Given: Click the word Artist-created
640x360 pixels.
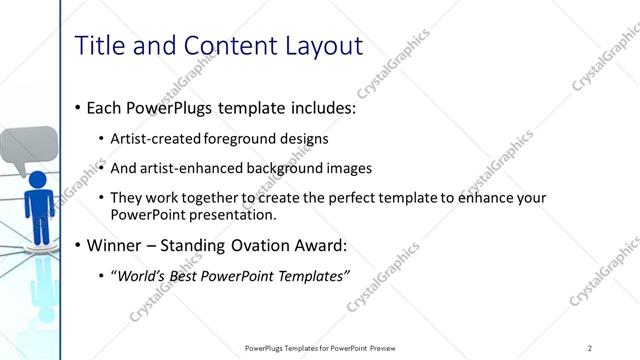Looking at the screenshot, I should [155, 139].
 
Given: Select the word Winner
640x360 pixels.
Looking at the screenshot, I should [115, 246].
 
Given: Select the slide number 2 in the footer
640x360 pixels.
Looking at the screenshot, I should [590, 347].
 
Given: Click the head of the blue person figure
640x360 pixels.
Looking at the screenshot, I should [39, 181].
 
